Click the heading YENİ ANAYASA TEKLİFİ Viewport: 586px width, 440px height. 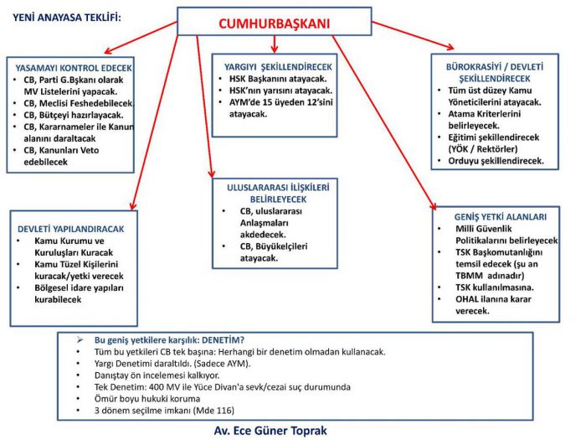67,16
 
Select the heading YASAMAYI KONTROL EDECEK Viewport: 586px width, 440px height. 73,67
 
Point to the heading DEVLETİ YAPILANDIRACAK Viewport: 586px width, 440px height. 71,228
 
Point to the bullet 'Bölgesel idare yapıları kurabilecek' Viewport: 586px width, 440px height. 79,293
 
